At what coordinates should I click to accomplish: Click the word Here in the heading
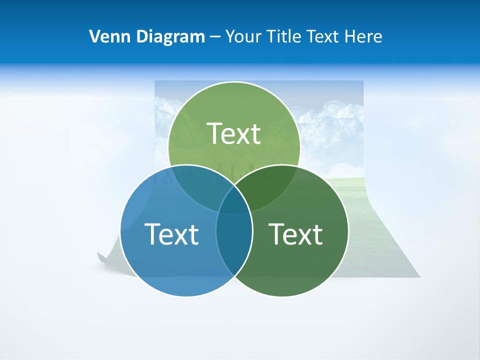pos(364,36)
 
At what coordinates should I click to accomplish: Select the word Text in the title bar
pos(323,36)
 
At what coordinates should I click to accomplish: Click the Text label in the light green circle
pos(234,133)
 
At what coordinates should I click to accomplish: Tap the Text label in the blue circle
pos(171,234)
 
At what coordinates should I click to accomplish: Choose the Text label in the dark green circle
pos(295,234)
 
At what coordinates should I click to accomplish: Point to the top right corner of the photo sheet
pos(362,81)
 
